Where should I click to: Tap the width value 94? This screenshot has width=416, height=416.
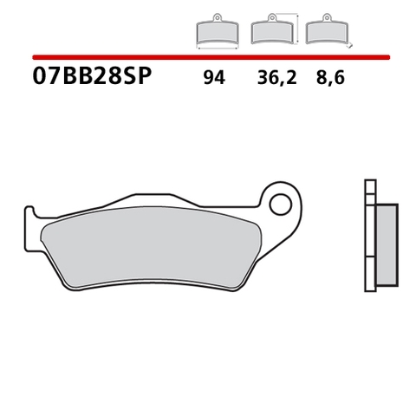point(213,78)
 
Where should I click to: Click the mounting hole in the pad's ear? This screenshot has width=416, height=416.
point(280,205)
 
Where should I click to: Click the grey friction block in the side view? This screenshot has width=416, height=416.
point(387,246)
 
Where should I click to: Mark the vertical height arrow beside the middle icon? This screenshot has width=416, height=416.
point(297,29)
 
